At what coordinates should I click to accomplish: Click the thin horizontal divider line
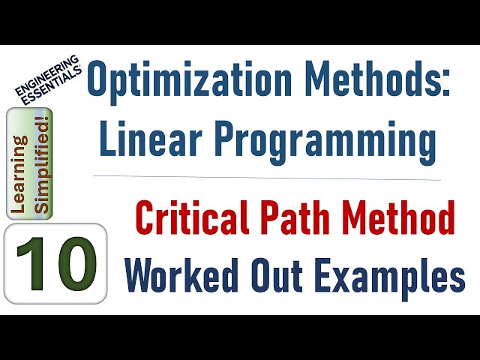(270, 178)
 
